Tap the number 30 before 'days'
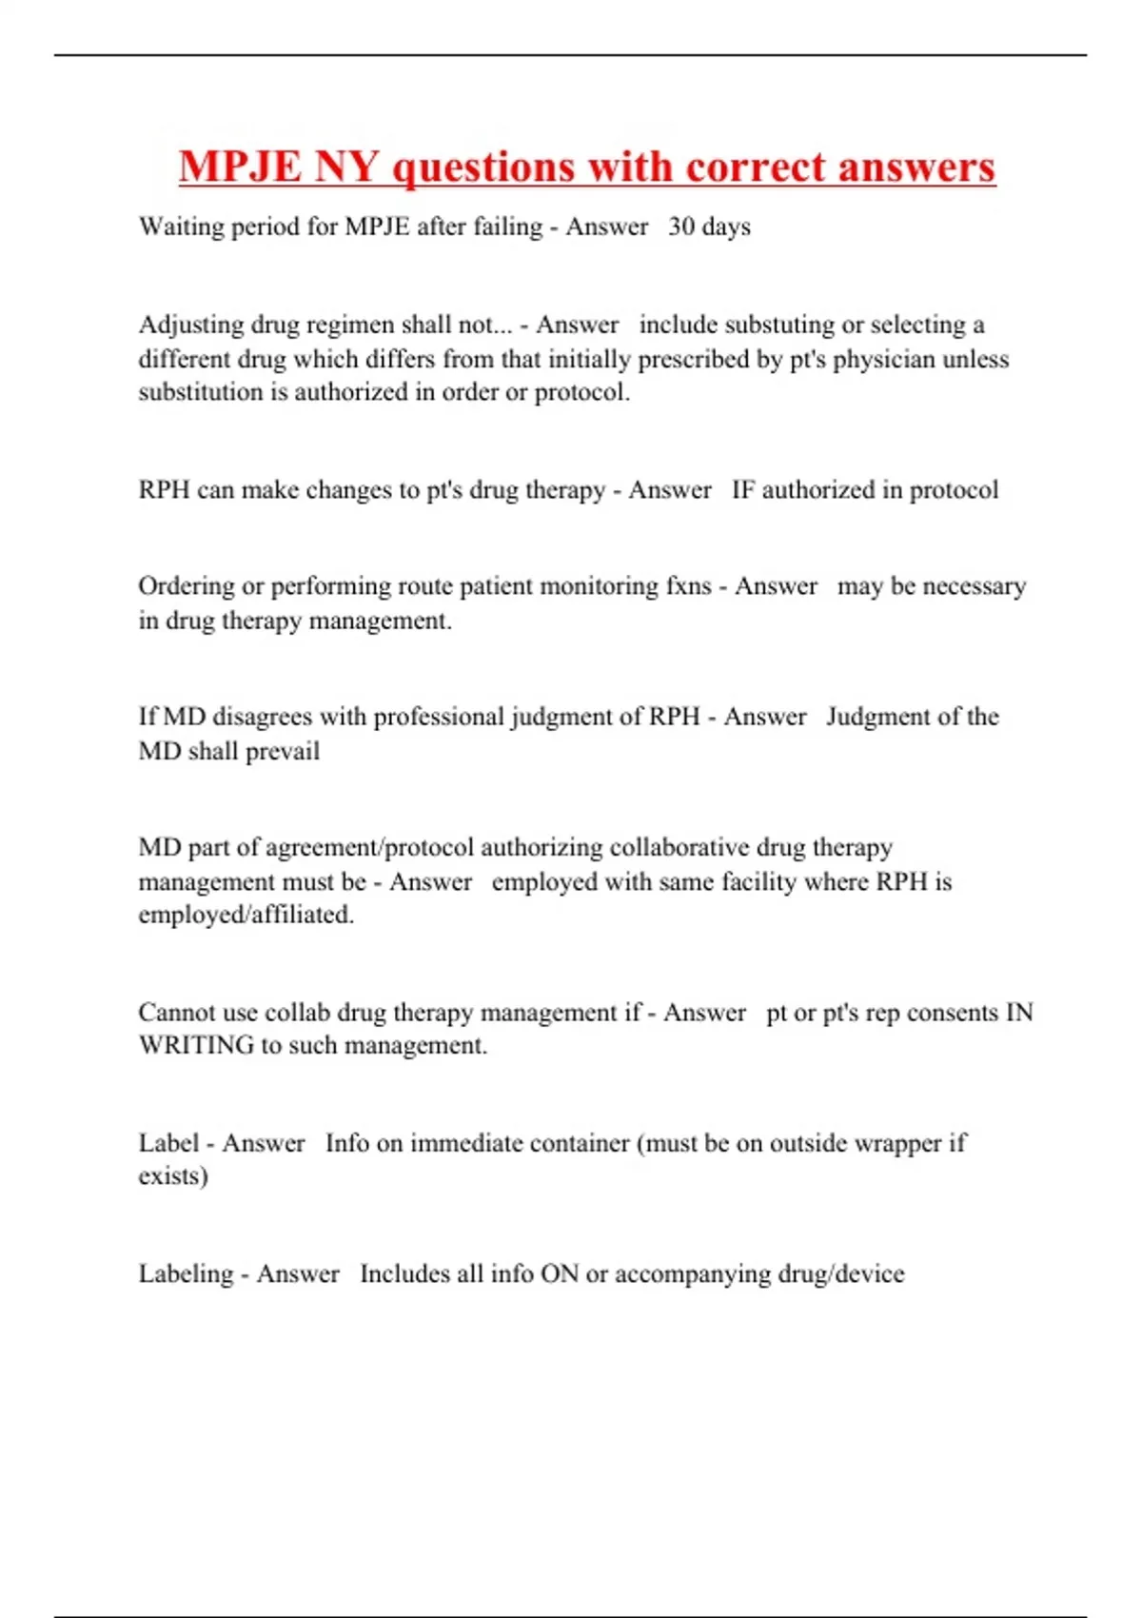point(681,227)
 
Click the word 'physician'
point(884,360)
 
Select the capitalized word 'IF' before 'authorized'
point(742,490)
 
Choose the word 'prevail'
point(283,752)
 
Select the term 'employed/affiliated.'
point(246,916)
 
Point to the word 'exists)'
point(173,1176)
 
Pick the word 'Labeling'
point(186,1274)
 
